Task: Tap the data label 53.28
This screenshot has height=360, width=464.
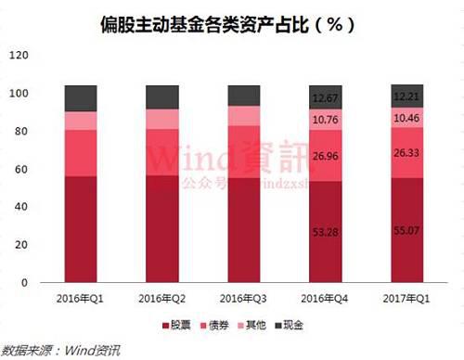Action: pyautogui.click(x=326, y=244)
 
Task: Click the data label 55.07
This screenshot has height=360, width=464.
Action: pyautogui.click(x=406, y=244)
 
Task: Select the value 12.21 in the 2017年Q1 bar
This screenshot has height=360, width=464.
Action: pyautogui.click(x=406, y=97)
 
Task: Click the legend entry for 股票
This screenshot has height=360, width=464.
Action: pyautogui.click(x=174, y=325)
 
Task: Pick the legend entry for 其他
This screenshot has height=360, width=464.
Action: pyautogui.click(x=256, y=325)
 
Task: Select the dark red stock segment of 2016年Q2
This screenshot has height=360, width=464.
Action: pyautogui.click(x=162, y=228)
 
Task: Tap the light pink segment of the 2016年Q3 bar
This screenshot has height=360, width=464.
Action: pyautogui.click(x=244, y=116)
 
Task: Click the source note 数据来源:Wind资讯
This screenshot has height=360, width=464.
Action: pyautogui.click(x=61, y=350)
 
